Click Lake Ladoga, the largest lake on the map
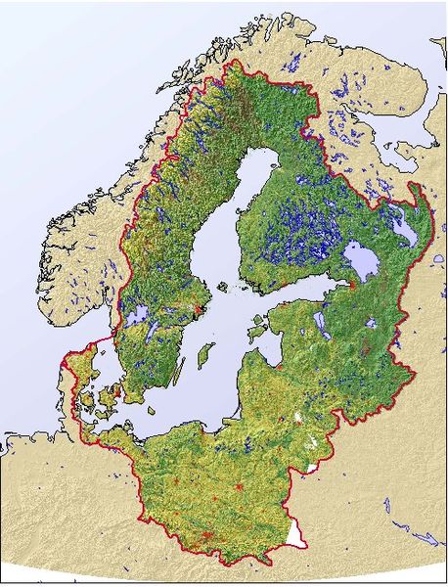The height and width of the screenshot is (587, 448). (x=366, y=262)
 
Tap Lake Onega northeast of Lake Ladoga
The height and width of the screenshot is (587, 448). (x=403, y=229)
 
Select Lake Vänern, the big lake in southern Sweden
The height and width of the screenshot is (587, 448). (x=137, y=316)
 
